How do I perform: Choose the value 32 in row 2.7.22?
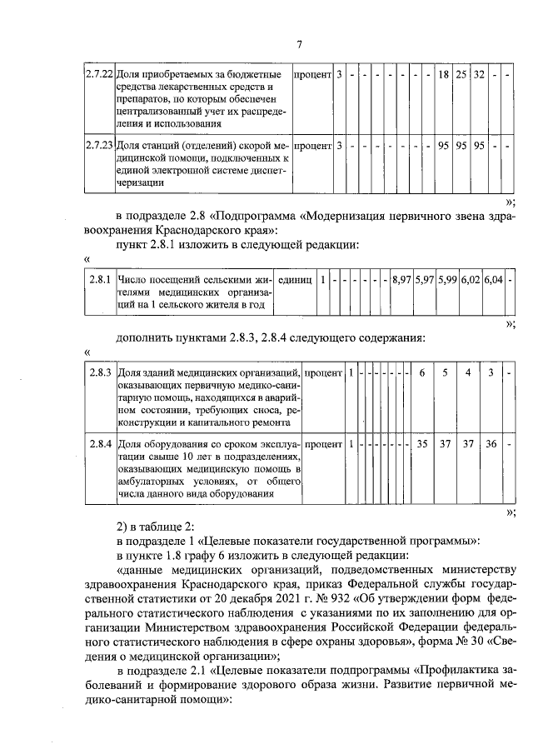pyautogui.click(x=479, y=76)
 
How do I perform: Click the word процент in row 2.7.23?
pyautogui.click(x=313, y=145)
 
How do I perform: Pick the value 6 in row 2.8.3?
pyautogui.click(x=422, y=371)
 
